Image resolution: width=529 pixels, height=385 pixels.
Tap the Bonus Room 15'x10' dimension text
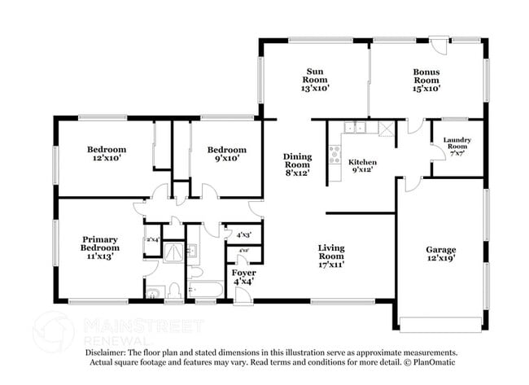pos(426,89)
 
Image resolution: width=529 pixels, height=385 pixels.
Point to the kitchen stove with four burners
pos(334,154)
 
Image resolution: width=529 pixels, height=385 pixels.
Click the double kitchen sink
pos(355,127)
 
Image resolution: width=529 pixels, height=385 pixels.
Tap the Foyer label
pos(243,273)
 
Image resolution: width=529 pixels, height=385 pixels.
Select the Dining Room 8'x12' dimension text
pos(297,173)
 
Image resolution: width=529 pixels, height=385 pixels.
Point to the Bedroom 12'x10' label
pos(107,149)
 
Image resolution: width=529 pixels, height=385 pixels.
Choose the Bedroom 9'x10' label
pos(226,149)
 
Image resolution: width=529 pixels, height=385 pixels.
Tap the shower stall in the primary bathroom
pos(173,253)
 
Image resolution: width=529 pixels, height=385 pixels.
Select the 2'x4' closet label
pos(152,240)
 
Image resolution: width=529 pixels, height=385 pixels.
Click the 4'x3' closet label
pos(243,235)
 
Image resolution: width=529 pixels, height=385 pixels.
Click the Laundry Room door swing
pos(437,151)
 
